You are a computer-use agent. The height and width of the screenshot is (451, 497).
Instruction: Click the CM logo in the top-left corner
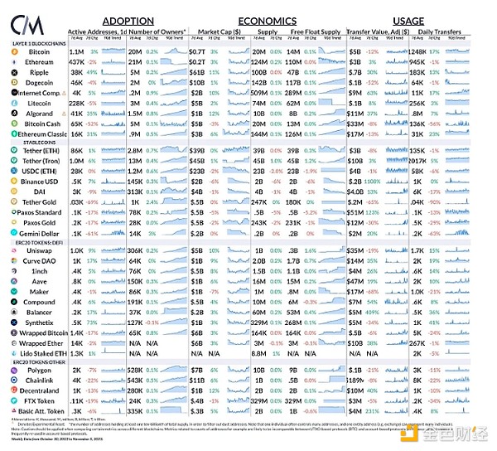pos(31,21)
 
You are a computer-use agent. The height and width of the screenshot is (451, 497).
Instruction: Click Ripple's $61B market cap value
pos(195,73)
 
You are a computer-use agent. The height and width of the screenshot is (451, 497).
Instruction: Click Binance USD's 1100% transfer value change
pos(371,180)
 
